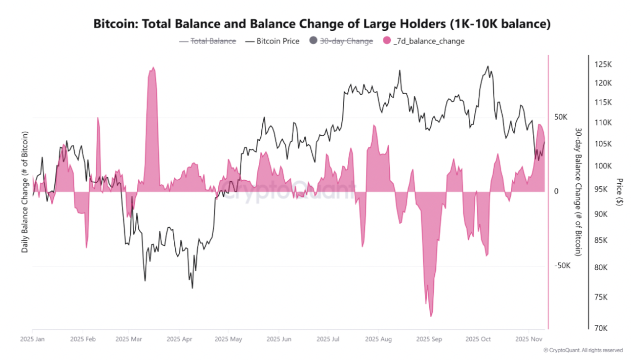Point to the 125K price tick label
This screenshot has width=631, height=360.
point(604,64)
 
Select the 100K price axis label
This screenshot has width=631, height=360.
point(604,166)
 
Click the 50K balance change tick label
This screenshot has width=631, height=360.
point(560,117)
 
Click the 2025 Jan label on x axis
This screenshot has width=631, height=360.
point(32,339)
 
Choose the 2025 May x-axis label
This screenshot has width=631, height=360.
point(228,339)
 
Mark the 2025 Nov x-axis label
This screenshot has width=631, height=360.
point(529,339)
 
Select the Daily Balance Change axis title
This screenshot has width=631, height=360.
point(24,191)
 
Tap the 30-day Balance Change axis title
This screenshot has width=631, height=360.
point(578,191)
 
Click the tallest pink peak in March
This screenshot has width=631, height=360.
point(153,68)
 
